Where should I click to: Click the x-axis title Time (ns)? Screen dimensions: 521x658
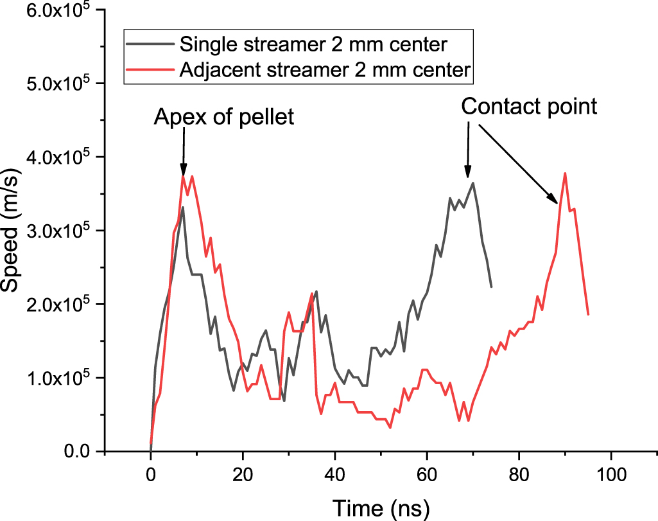click(x=381, y=508)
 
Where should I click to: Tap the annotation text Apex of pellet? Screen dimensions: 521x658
click(x=223, y=117)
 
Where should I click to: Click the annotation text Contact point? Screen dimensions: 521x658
click(x=530, y=106)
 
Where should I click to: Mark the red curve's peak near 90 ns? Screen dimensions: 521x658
click(x=565, y=173)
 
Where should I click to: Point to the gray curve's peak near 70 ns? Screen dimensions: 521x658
click(x=473, y=182)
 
